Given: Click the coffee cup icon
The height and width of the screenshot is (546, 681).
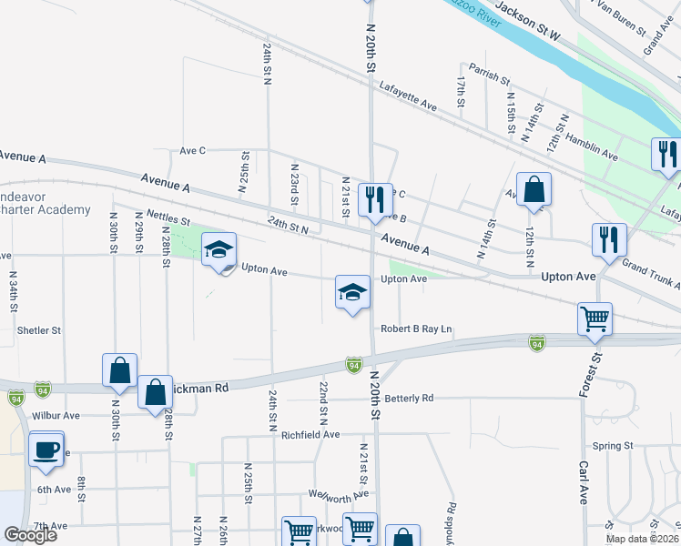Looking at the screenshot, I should [46, 450].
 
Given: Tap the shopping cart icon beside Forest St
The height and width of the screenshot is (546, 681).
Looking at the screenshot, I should [595, 319].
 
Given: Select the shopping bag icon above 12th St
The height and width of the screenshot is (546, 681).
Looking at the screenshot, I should [534, 190].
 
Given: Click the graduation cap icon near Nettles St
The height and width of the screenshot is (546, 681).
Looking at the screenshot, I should [219, 250].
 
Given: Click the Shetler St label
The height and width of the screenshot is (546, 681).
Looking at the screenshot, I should [39, 330].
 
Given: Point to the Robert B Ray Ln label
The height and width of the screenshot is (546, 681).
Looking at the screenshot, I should [416, 329].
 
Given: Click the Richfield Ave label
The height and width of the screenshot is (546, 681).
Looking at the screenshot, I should [316, 436].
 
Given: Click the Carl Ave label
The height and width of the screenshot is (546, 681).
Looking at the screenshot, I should [583, 482].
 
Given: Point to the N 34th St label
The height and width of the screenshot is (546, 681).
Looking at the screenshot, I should [14, 287].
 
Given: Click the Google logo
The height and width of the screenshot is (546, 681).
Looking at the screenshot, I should [30, 535].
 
